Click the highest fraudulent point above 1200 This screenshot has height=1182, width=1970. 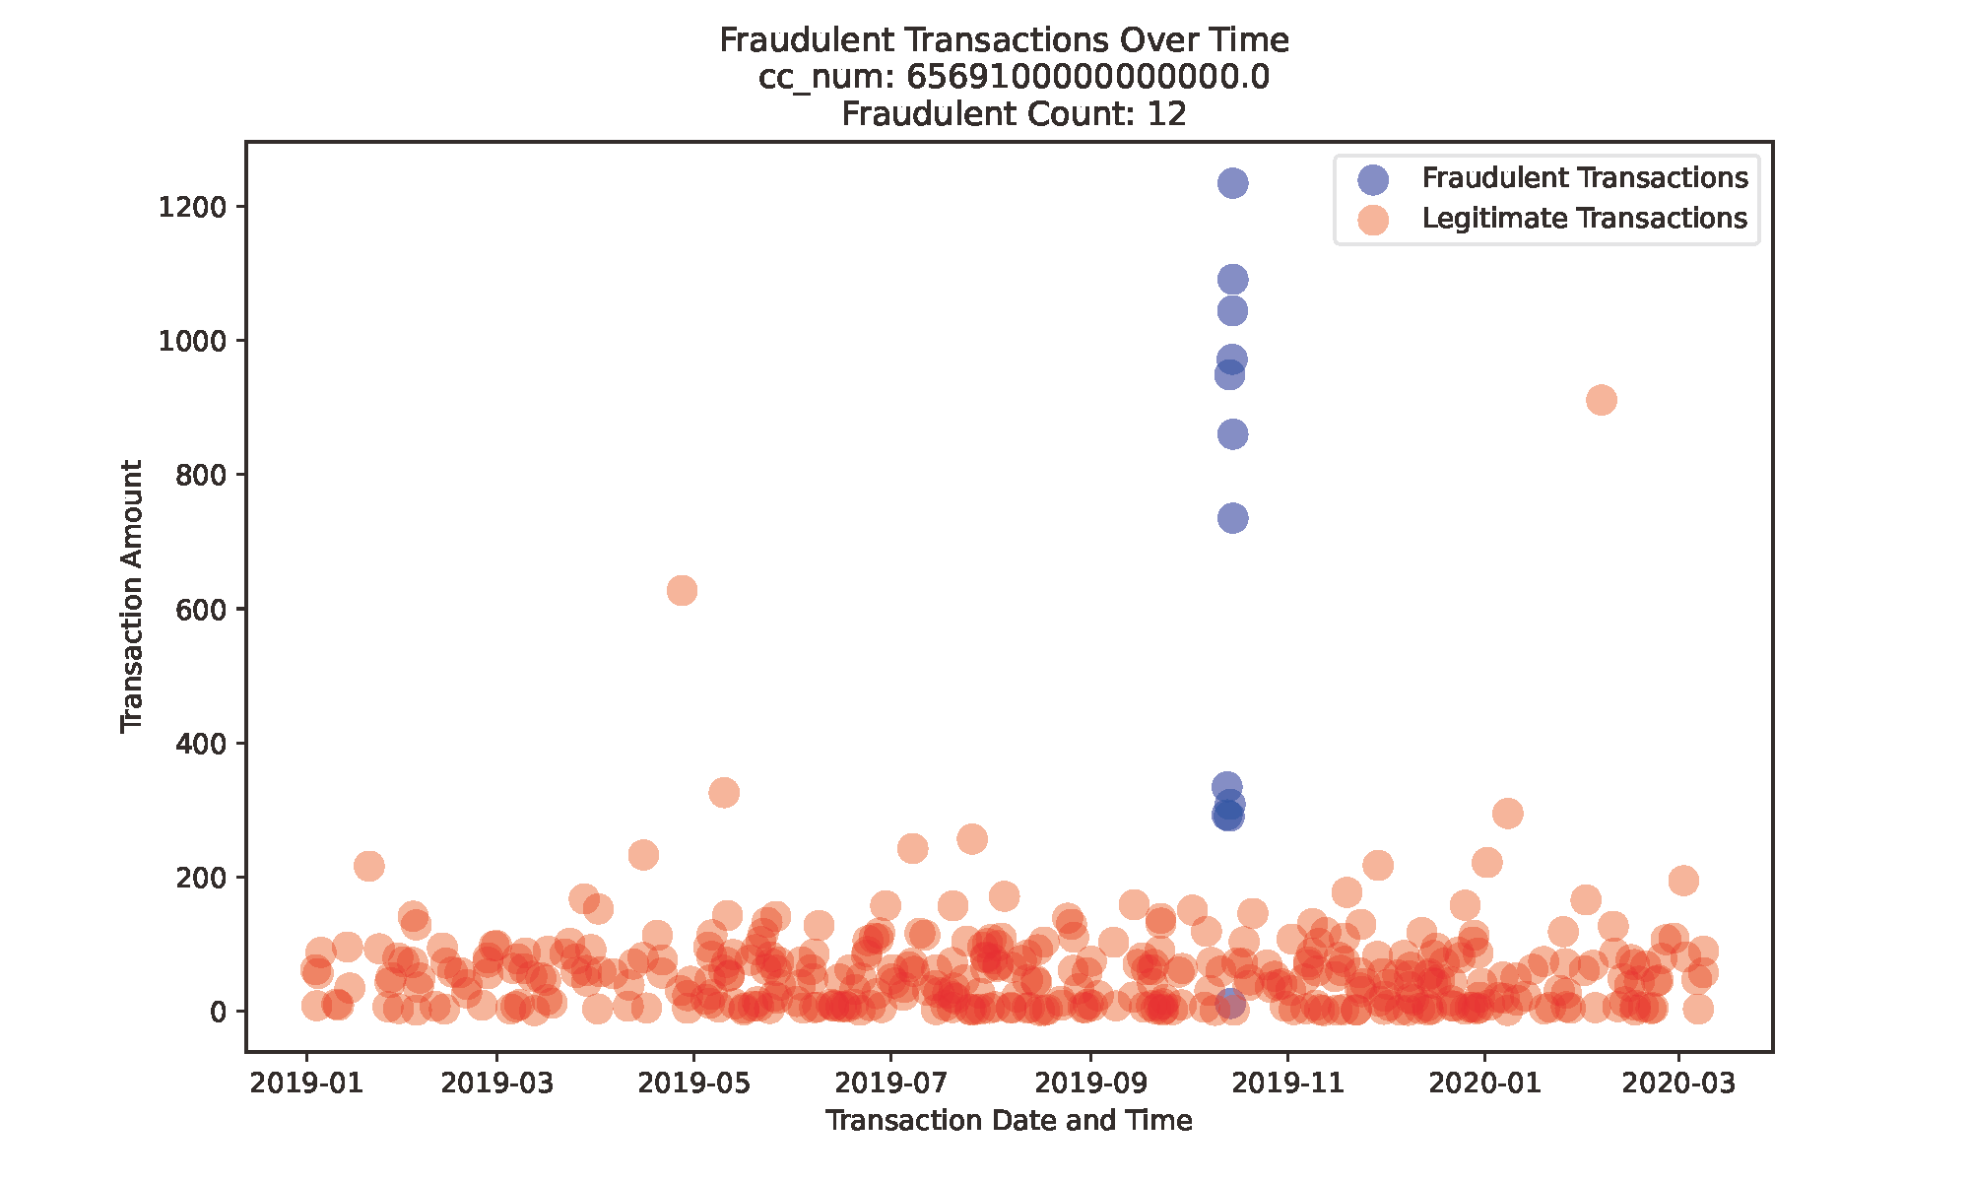pyautogui.click(x=1232, y=183)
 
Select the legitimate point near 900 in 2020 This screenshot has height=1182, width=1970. pyautogui.click(x=1602, y=400)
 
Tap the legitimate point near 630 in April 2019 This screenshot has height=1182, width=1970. pyautogui.click(x=682, y=591)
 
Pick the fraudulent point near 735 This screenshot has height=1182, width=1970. pyautogui.click(x=1232, y=518)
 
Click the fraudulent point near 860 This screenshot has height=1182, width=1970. pyautogui.click(x=1232, y=434)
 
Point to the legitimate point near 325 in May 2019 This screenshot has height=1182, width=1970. pyautogui.click(x=724, y=793)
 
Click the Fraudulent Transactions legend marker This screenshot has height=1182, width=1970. pyautogui.click(x=1372, y=178)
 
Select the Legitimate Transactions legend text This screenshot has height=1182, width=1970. pyautogui.click(x=1584, y=219)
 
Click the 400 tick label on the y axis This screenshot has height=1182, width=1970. pyautogui.click(x=201, y=744)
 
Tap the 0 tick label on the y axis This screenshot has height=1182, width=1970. pyautogui.click(x=218, y=1012)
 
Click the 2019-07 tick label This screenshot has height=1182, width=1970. pyautogui.click(x=890, y=1083)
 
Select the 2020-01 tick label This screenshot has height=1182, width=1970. pyautogui.click(x=1483, y=1083)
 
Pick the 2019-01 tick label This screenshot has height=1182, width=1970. pyautogui.click(x=306, y=1083)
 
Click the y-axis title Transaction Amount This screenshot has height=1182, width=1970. pyautogui.click(x=132, y=597)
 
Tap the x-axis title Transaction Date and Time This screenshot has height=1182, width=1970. pyautogui.click(x=1009, y=1121)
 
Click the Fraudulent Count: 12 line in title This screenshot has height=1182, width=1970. pyautogui.click(x=1014, y=114)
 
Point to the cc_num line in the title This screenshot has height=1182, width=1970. pyautogui.click(x=1014, y=77)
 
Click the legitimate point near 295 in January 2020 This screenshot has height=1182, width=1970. pyautogui.click(x=1507, y=814)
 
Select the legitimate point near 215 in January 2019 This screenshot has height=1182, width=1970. pyautogui.click(x=368, y=867)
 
